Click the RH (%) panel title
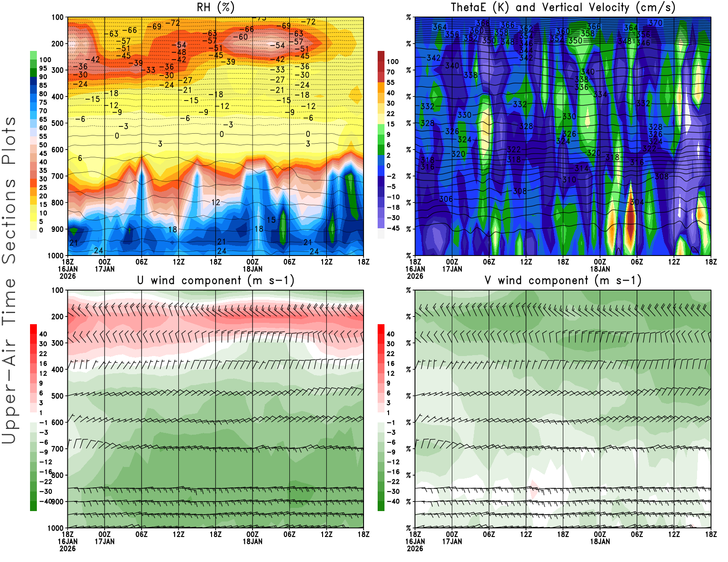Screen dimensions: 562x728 pos(215,8)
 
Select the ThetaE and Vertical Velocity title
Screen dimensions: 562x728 pos(563,8)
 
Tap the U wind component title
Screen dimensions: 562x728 pos(216,281)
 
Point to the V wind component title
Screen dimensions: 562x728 pos(563,281)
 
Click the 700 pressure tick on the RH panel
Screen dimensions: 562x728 pos(58,176)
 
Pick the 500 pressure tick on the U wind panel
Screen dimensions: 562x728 pos(58,396)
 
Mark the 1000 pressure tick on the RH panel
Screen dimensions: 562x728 pos(56,256)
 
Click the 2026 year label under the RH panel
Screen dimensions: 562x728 pos(67,276)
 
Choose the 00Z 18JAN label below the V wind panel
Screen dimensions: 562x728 pos(600,538)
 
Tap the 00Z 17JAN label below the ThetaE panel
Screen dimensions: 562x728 pos(452,265)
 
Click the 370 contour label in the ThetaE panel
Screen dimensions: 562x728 pos(656,23)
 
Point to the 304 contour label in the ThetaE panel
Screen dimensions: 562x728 pos(637,202)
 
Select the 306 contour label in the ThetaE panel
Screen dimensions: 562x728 pos(446,199)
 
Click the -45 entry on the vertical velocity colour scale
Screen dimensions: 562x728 pos(393,228)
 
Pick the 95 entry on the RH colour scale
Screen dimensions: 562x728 pos(43,68)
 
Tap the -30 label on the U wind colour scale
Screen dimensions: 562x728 pos(45,492)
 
